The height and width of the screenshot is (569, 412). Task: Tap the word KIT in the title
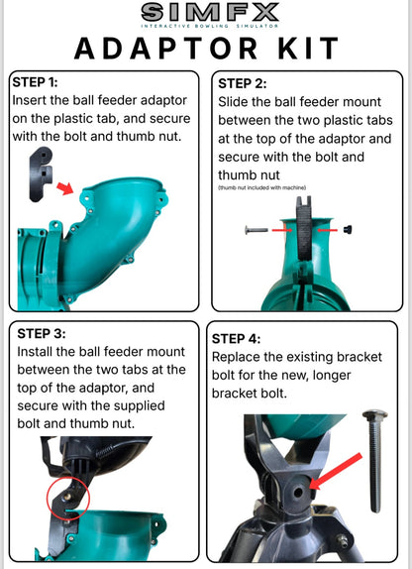pyautogui.click(x=308, y=49)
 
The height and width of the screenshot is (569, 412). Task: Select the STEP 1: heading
pyautogui.click(x=35, y=82)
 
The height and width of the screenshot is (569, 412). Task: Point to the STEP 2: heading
pyautogui.click(x=243, y=84)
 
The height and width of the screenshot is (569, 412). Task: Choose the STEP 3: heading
pyautogui.click(x=42, y=333)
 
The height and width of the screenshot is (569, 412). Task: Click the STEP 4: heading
pyautogui.click(x=236, y=339)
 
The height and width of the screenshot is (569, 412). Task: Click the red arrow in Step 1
pyautogui.click(x=65, y=188)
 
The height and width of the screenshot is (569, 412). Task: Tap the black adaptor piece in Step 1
pyautogui.click(x=41, y=173)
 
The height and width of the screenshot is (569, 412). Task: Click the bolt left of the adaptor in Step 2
pyautogui.click(x=257, y=230)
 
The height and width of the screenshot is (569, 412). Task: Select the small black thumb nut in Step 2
pyautogui.click(x=348, y=229)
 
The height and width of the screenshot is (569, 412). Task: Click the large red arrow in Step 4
pyautogui.click(x=336, y=471)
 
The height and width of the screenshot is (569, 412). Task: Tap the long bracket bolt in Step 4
pyautogui.click(x=375, y=461)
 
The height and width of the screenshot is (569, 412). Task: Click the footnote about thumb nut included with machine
pyautogui.click(x=261, y=187)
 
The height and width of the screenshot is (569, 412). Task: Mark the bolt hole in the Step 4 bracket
pyautogui.click(x=298, y=493)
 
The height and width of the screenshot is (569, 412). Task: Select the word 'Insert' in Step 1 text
pyautogui.click(x=30, y=100)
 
